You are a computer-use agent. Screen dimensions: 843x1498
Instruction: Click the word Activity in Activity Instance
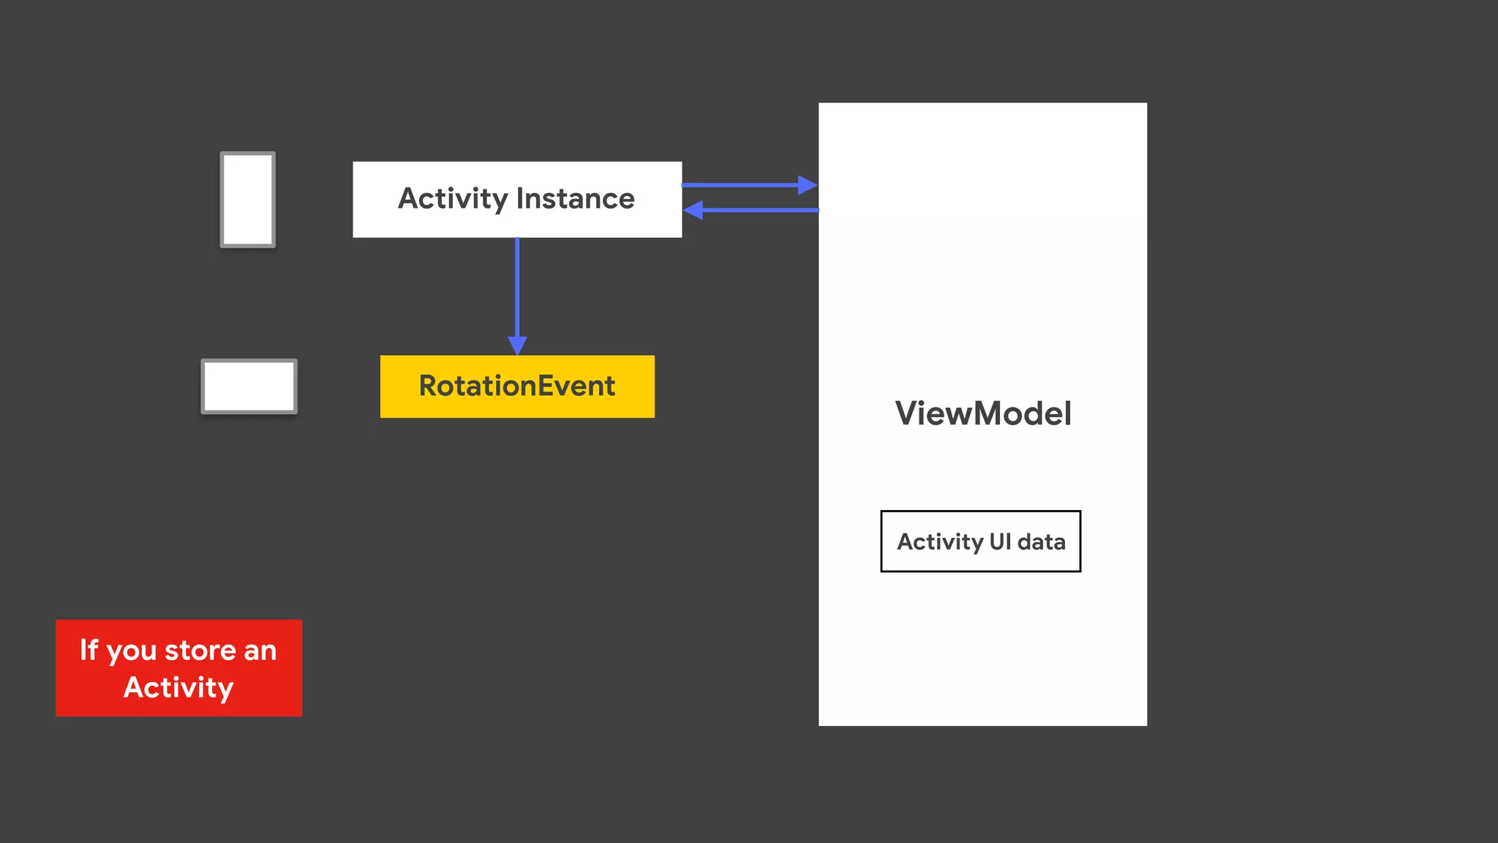coord(452,199)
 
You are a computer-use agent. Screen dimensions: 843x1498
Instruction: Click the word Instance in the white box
coord(576,199)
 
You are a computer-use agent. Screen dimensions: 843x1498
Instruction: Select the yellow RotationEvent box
coord(517,386)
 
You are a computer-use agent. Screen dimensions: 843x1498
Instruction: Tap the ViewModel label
coord(983,413)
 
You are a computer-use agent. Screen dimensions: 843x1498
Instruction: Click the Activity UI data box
coord(980,542)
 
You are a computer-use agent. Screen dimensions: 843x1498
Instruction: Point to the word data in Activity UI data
coord(1041,542)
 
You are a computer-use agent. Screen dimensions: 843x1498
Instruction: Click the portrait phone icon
coord(248,200)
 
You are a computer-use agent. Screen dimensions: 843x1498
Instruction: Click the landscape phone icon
coord(249,386)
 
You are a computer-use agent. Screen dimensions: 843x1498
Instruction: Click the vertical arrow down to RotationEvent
coord(517,289)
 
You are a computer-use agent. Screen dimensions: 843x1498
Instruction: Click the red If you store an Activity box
coord(178,668)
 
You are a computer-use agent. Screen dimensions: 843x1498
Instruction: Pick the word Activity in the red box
coord(178,688)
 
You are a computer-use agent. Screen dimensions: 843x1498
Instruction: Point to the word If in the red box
coord(89,650)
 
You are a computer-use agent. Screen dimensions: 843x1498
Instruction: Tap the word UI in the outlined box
coord(1000,542)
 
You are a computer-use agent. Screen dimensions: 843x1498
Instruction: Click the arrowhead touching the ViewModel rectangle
coord(808,185)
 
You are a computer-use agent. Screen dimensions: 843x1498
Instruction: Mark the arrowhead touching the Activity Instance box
coord(693,210)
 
